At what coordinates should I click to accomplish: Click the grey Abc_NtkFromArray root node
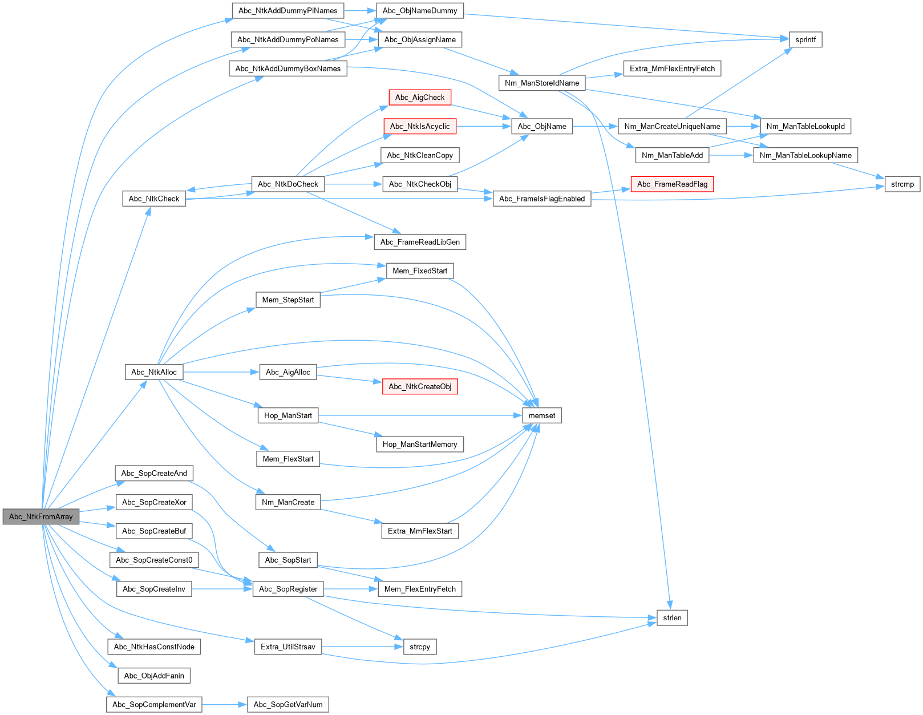tap(41, 516)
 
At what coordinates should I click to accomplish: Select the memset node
tap(541, 415)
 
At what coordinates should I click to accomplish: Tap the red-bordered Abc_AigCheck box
tap(419, 98)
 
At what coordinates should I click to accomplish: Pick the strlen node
tap(672, 617)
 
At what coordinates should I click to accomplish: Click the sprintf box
tap(805, 39)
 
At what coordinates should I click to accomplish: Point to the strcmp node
tap(902, 184)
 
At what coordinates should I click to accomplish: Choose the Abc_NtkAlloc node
tap(153, 372)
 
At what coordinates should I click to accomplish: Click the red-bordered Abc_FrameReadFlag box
tap(672, 184)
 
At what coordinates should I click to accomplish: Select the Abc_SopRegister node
tap(288, 589)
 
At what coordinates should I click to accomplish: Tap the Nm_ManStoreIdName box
tap(541, 83)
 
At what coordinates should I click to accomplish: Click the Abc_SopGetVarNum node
tap(288, 704)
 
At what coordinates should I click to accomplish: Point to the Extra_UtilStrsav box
tap(288, 647)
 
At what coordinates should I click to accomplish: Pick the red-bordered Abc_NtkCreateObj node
tap(419, 386)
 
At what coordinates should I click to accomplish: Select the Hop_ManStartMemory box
tap(419, 444)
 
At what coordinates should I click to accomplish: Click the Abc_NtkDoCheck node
tap(288, 184)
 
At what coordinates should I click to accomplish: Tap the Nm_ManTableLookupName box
tap(805, 155)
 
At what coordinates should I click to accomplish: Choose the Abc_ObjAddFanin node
tap(153, 676)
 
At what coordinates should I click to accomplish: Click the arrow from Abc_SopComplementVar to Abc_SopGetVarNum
tap(224, 704)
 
